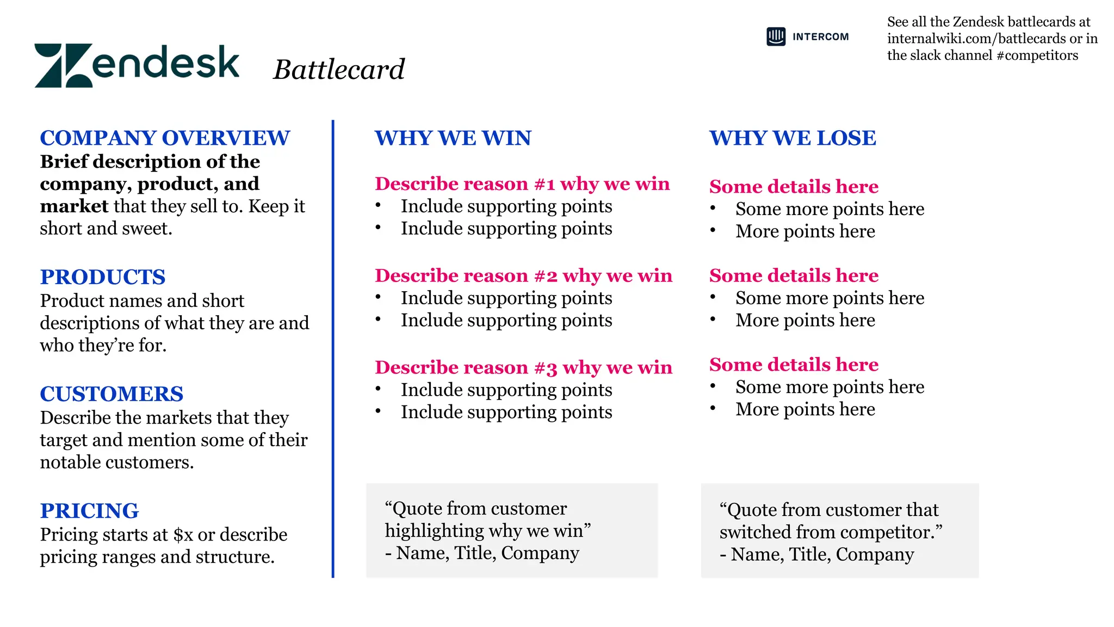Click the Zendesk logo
[x=137, y=65]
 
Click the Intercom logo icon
[x=776, y=36]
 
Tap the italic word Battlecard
[x=338, y=70]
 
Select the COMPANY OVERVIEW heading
[x=165, y=138]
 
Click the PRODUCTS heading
[x=102, y=277]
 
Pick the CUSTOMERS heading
[x=112, y=394]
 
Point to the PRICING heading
[x=89, y=511]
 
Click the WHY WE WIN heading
[x=453, y=138]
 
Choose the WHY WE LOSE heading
[x=793, y=138]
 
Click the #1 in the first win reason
[x=544, y=185]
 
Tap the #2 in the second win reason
[x=546, y=276]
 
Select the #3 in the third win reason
[x=546, y=368]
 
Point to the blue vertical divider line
[x=333, y=348]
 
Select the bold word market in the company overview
[x=74, y=207]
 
